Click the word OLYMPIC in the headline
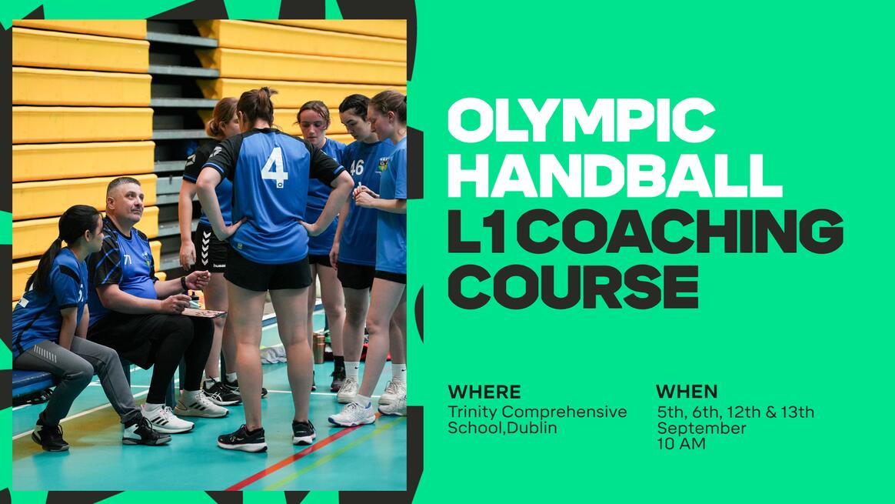pyautogui.click(x=581, y=121)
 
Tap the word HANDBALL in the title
pyautogui.click(x=615, y=175)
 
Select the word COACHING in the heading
pyautogui.click(x=679, y=231)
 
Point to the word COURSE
pyautogui.click(x=573, y=286)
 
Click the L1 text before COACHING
pyautogui.click(x=477, y=231)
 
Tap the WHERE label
pyautogui.click(x=484, y=392)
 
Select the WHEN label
pyautogui.click(x=687, y=392)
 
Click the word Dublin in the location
pyautogui.click(x=531, y=427)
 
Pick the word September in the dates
pyautogui.click(x=701, y=429)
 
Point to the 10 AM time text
pyautogui.click(x=681, y=444)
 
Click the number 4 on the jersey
pyautogui.click(x=275, y=167)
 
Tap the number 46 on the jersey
pyautogui.click(x=357, y=168)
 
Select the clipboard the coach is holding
pyautogui.click(x=205, y=312)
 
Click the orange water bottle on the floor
pyautogui.click(x=319, y=348)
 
